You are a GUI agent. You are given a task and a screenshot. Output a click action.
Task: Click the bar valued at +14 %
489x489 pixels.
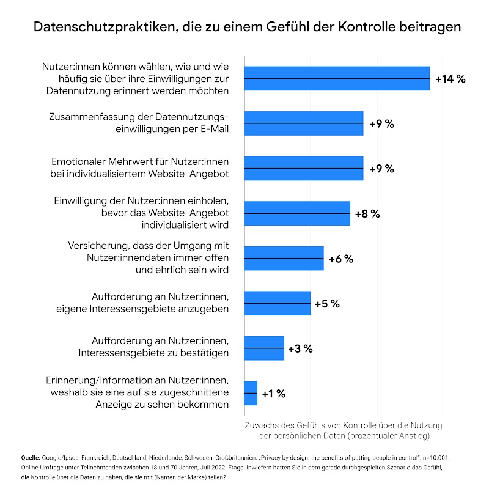[x=336, y=78]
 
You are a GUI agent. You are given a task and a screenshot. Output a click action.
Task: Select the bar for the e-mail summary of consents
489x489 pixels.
[x=304, y=123]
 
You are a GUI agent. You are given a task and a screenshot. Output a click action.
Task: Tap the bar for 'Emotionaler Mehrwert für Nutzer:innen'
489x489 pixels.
[x=304, y=168]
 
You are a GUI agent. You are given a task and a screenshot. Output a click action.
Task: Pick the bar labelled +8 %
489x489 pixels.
[x=297, y=213]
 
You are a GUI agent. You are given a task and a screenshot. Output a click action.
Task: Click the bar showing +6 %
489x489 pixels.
[x=284, y=258]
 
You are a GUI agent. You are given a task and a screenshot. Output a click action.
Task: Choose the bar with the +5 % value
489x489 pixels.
[x=277, y=303]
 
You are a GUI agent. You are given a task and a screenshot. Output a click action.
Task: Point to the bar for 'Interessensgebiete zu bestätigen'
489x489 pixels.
[x=264, y=348]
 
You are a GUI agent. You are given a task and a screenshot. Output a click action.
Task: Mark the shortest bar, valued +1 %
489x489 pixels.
[x=251, y=393]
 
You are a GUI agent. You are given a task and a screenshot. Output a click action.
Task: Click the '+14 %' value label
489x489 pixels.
[x=450, y=79]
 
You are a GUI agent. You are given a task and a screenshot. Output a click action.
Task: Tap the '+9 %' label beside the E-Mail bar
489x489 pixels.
[x=381, y=123]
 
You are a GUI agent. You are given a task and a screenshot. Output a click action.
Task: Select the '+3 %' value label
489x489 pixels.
[x=300, y=348]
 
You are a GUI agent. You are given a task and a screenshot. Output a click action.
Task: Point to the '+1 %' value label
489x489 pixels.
[x=274, y=394]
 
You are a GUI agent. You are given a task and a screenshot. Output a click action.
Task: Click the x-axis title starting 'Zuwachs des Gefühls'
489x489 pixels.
[x=343, y=430]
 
